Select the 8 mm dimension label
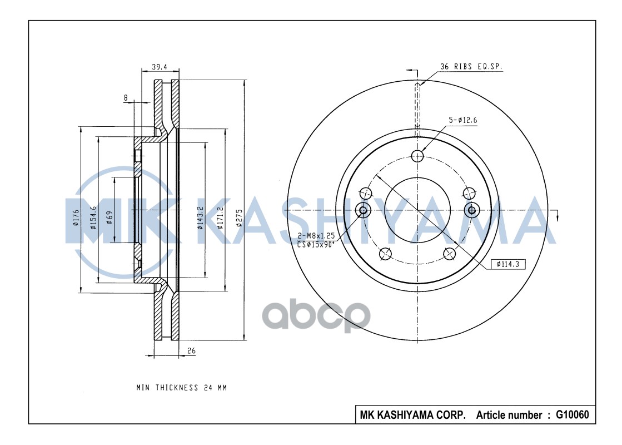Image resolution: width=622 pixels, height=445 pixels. click(x=126, y=98)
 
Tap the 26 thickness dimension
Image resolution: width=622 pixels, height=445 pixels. click(x=191, y=350)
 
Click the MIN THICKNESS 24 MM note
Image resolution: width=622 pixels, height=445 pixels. click(x=182, y=387)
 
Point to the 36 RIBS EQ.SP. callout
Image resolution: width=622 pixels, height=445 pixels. click(x=471, y=66)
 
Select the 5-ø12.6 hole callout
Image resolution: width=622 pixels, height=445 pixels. click(x=462, y=120)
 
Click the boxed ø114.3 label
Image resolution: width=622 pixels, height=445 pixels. click(x=508, y=264)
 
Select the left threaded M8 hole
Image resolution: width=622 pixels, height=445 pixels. click(x=363, y=210)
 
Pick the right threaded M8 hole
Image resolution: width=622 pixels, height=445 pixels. click(x=471, y=210)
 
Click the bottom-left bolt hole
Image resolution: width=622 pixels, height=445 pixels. click(x=384, y=254)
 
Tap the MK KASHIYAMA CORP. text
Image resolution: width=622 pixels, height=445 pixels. click(x=412, y=415)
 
